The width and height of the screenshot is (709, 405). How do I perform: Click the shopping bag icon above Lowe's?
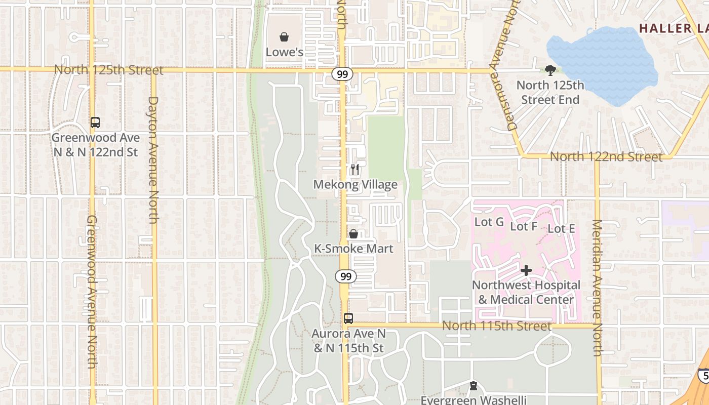coord(285,37)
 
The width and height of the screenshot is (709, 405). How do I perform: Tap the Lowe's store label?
coord(285,52)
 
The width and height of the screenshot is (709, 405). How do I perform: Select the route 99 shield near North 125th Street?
coord(343,74)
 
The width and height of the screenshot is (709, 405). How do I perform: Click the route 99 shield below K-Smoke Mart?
coord(346,276)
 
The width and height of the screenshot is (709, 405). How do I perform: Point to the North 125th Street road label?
coord(108,70)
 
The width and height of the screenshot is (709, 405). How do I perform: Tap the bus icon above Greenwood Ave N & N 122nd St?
coord(95,122)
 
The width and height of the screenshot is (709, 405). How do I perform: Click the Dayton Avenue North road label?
coord(153,159)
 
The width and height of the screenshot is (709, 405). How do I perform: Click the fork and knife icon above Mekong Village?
coord(355,170)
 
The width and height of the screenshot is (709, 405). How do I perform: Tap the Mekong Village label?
coord(355,185)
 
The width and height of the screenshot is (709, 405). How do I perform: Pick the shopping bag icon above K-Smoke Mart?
coord(353,234)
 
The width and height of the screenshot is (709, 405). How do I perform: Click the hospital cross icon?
coord(526,270)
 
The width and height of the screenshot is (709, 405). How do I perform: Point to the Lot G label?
coord(489,222)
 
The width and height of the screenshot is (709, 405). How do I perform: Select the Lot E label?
coord(561,229)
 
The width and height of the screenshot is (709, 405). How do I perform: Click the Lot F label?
coord(523,226)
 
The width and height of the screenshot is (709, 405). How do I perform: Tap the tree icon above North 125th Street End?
coord(550,70)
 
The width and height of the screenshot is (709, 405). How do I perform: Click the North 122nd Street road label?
coord(606,157)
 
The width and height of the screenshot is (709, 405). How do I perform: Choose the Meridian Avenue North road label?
coord(598,288)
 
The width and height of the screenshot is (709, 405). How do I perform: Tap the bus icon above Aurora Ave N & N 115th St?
coord(348,318)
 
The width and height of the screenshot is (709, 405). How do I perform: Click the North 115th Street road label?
coord(496,326)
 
